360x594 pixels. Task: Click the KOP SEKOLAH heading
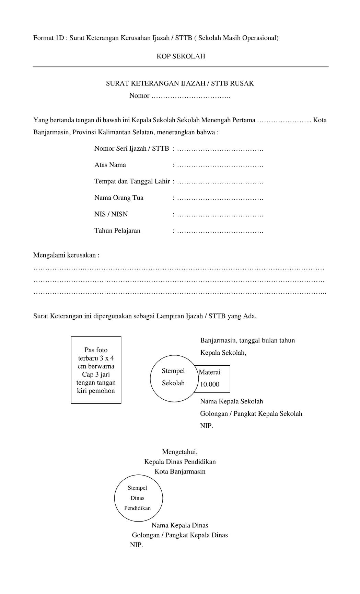181,56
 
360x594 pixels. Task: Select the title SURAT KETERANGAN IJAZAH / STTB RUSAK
180,83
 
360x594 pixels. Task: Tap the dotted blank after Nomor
191,96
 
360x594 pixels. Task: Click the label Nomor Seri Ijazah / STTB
131,149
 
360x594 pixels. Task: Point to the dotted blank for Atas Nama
220,165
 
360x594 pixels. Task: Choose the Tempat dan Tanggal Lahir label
132,181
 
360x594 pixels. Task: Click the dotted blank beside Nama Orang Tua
220,198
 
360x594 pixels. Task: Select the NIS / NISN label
111,214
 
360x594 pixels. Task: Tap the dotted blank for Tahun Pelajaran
220,231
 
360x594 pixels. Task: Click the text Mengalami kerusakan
66,255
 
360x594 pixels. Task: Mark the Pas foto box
96,370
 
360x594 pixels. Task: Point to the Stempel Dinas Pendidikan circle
138,498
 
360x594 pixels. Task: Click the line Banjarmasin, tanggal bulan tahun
247,341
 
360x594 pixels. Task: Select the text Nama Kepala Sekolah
231,401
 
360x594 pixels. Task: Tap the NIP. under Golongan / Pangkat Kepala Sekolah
207,426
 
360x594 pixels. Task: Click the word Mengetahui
179,452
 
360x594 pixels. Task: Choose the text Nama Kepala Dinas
180,525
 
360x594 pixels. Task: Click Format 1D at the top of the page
48,38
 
